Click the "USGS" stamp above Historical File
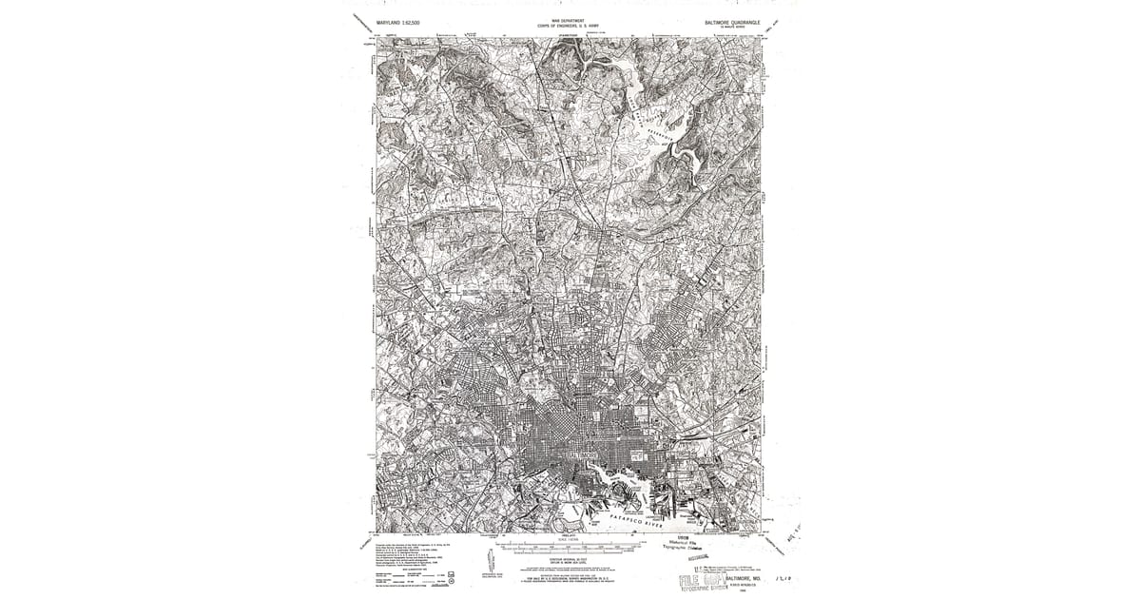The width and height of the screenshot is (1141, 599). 683,536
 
